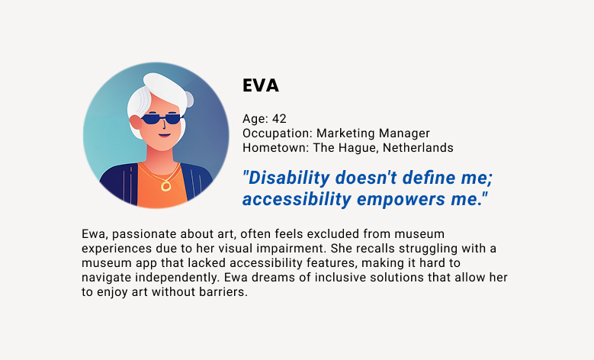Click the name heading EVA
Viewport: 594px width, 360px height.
point(261,86)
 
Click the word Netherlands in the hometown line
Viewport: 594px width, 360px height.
point(418,147)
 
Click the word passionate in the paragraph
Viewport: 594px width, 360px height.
point(143,233)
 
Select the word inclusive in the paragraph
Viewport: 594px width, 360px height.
point(320,278)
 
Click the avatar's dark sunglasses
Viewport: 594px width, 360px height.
point(162,118)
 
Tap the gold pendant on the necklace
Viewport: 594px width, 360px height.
point(165,185)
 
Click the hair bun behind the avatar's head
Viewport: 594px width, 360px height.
point(185,98)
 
